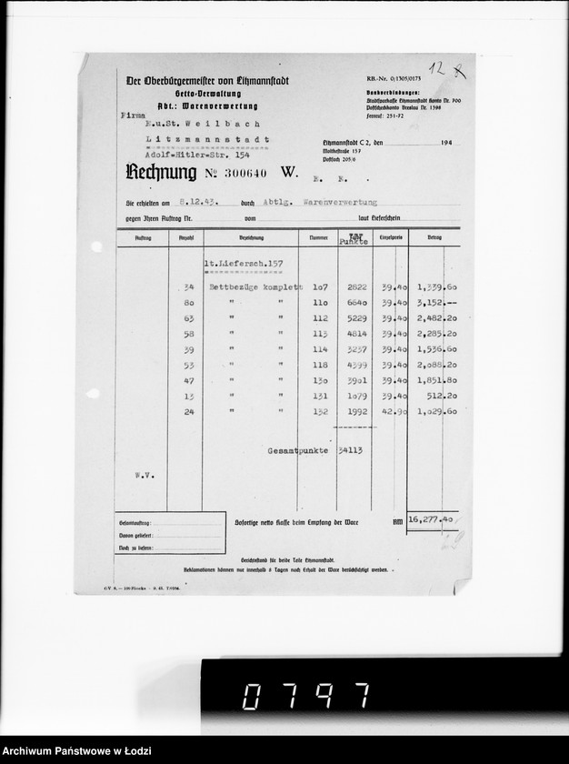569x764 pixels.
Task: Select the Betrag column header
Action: (x=433, y=237)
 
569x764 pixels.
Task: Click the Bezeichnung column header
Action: (x=248, y=237)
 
